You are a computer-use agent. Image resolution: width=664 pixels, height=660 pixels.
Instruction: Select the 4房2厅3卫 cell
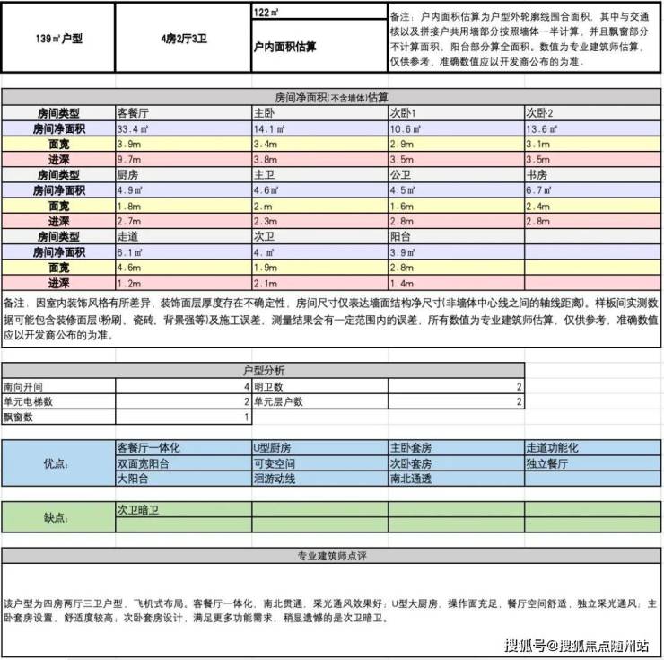185,40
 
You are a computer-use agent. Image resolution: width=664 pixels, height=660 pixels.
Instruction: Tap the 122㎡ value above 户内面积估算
266,13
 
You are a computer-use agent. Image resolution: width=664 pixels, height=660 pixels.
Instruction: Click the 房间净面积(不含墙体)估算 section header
331,97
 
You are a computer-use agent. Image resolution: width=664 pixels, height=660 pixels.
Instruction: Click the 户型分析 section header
263,370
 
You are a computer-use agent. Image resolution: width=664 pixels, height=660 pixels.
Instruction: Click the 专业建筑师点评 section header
331,556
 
